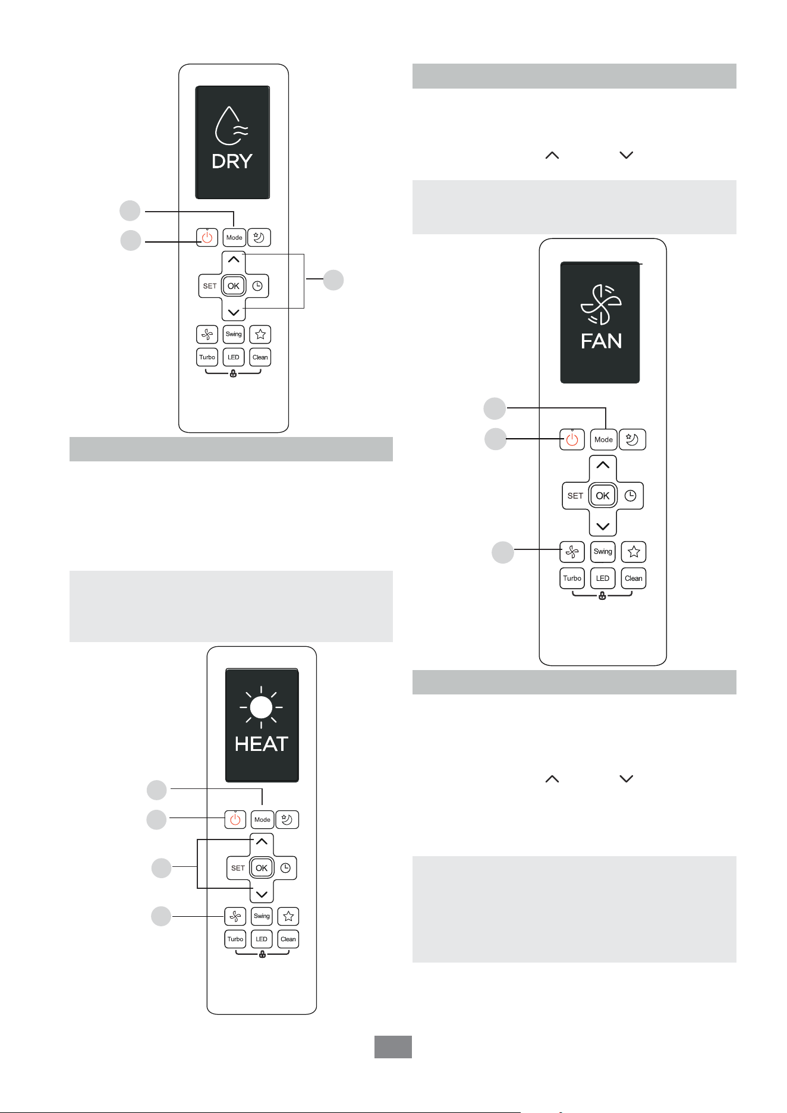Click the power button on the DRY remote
(207, 237)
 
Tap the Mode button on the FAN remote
(603, 439)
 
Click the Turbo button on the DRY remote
(207, 357)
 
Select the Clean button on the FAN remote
(634, 578)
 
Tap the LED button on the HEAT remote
(262, 939)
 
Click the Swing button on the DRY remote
(234, 334)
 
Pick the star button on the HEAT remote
(288, 916)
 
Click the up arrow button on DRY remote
(234, 260)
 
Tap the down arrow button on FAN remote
(603, 526)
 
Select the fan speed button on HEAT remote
(235, 916)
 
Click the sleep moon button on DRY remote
(259, 237)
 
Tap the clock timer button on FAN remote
(631, 495)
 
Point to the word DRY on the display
(232, 161)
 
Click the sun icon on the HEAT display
(261, 708)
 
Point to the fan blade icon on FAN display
(601, 305)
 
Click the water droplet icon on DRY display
(231, 126)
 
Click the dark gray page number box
(393, 1046)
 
